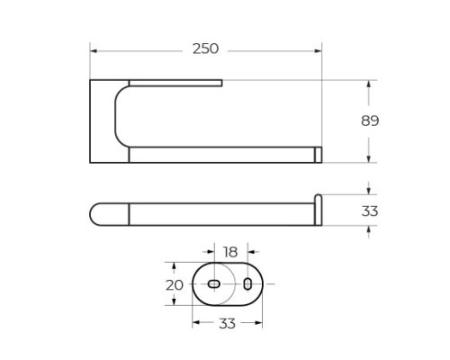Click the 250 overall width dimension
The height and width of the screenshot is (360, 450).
(x=205, y=49)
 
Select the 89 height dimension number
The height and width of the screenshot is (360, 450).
(x=369, y=121)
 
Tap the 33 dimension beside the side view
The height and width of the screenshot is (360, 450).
(x=370, y=211)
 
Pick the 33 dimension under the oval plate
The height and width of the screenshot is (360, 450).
(x=227, y=323)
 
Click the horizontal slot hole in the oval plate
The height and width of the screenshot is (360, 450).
(x=214, y=284)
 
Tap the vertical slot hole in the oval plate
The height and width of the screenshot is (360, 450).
(x=247, y=284)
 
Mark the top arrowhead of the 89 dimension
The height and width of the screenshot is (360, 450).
(x=369, y=84)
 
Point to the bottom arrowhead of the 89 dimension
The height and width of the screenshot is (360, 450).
(x=369, y=159)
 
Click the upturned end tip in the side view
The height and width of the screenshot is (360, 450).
(x=318, y=198)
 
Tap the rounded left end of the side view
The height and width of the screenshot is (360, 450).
(x=95, y=213)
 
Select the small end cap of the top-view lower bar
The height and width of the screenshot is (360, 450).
(x=318, y=156)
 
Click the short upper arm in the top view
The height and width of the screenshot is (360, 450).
(x=175, y=85)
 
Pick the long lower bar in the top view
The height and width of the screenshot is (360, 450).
(x=220, y=156)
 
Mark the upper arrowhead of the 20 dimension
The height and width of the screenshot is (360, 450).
(x=174, y=265)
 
